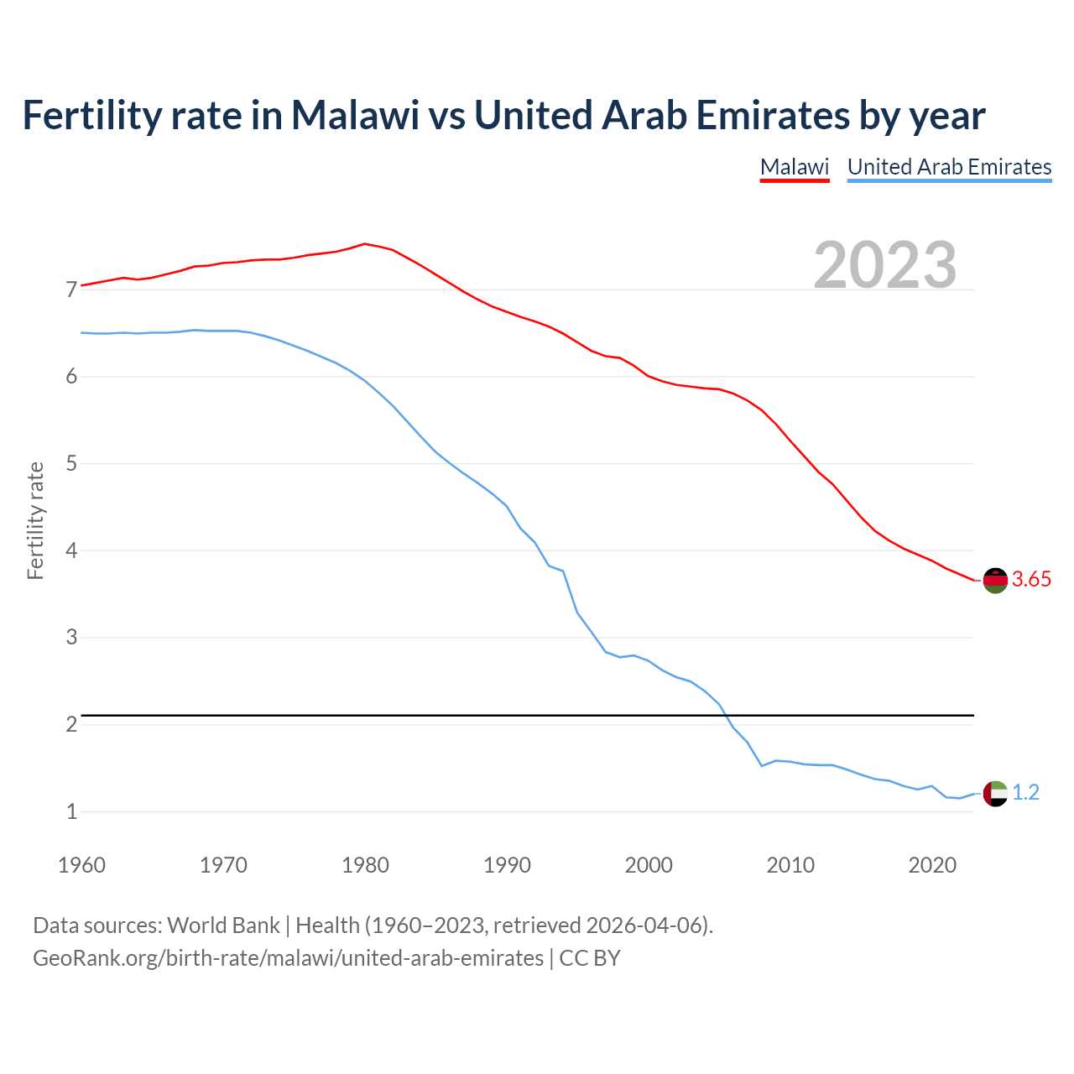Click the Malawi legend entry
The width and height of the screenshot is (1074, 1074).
(794, 167)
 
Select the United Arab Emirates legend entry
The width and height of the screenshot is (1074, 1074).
(949, 167)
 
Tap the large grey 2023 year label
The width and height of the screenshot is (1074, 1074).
(885, 265)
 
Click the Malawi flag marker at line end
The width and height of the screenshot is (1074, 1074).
(995, 580)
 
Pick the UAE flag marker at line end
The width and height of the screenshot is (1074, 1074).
(995, 793)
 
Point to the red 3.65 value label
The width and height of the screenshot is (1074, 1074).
(1031, 580)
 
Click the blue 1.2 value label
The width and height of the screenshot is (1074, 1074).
(1025, 793)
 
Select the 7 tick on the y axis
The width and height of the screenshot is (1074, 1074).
(71, 290)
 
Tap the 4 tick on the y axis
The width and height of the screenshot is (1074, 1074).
(71, 551)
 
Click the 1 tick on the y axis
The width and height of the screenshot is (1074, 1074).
(71, 812)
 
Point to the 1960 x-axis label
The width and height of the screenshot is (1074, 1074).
(81, 865)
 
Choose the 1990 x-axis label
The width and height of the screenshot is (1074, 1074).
(507, 865)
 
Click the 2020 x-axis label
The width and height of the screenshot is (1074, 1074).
(932, 865)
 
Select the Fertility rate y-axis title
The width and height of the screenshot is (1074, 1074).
(35, 520)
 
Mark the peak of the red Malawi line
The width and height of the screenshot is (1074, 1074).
(364, 243)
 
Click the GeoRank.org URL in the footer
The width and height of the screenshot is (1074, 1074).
(288, 958)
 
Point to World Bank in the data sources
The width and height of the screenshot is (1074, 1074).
(223, 925)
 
